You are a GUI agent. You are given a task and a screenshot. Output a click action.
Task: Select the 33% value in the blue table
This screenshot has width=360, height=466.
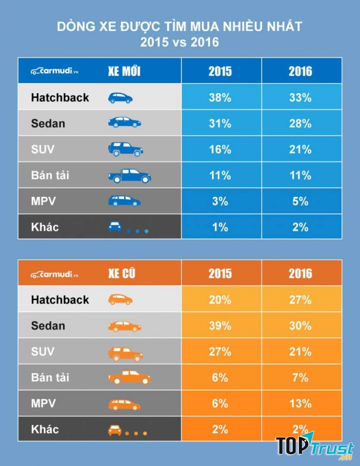point(300,97)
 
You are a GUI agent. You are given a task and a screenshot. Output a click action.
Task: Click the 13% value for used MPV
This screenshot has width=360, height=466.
point(300,403)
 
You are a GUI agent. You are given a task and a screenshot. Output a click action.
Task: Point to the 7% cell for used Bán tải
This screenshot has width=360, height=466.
point(300,377)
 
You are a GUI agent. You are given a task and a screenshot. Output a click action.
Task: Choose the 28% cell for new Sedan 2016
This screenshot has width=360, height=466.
point(300,123)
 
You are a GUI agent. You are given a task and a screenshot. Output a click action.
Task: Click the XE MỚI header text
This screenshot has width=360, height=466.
point(124,71)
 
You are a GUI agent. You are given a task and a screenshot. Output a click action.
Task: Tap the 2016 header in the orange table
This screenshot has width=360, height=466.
point(300,273)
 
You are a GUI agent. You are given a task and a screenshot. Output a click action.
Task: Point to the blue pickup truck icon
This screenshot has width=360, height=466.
point(129,176)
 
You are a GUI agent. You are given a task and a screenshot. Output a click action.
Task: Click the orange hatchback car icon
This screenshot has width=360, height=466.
point(120,299)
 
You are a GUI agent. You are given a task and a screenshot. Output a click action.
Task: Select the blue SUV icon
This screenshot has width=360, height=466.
point(126,149)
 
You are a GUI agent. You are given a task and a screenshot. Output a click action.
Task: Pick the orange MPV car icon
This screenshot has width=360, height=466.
point(124,404)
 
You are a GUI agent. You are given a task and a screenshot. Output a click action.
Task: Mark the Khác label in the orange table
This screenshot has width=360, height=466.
point(45,429)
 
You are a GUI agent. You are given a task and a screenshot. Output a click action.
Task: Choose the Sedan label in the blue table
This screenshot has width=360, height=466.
point(48,123)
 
